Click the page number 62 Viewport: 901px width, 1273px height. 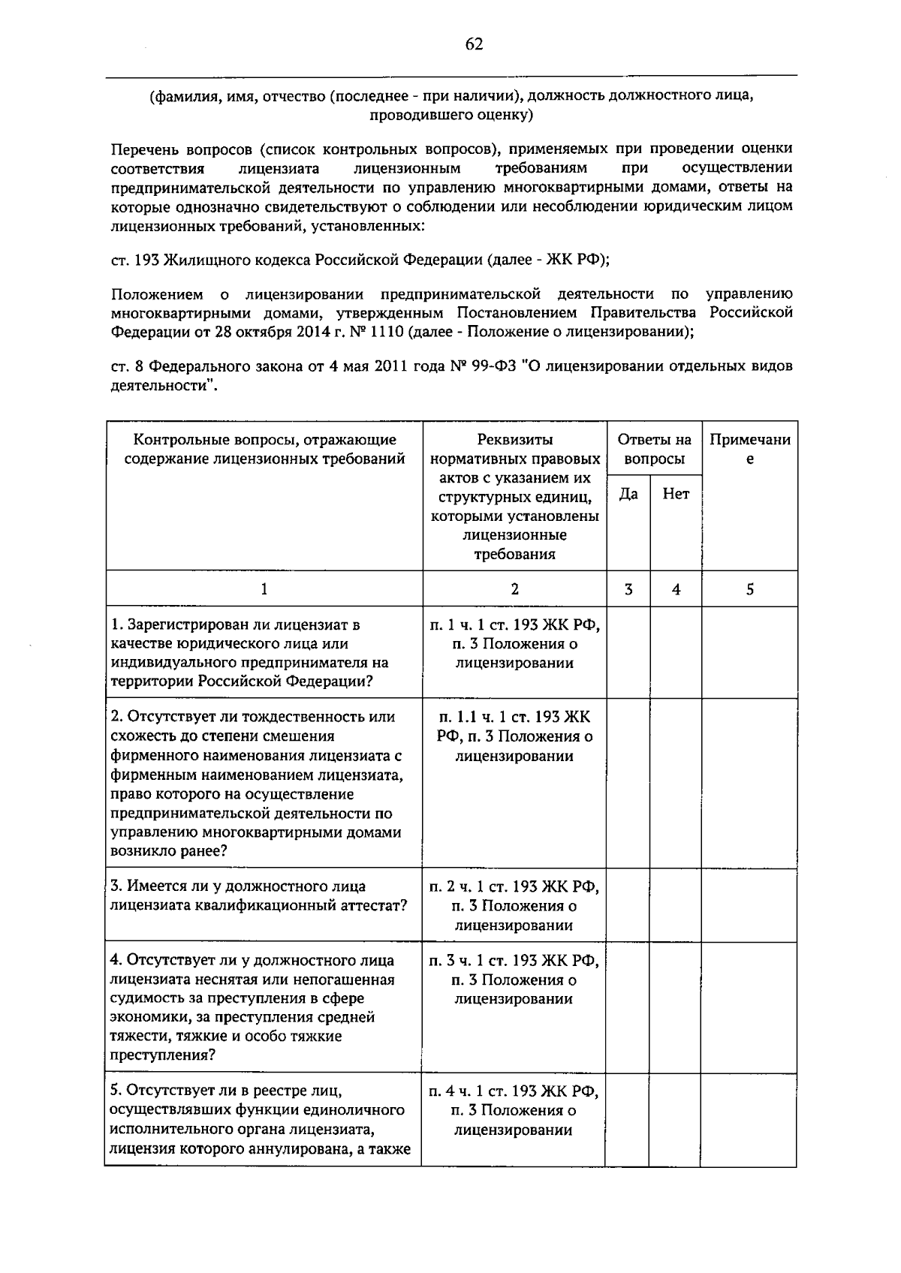point(474,44)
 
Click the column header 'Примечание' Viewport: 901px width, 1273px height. point(749,449)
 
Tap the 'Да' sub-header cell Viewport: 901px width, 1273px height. point(628,494)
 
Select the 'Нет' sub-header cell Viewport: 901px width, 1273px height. point(676,494)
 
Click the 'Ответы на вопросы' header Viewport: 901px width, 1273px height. point(654,449)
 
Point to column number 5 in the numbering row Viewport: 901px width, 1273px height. point(749,590)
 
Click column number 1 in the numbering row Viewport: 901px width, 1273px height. point(264,590)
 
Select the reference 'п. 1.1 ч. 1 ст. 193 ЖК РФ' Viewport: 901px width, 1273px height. point(514,727)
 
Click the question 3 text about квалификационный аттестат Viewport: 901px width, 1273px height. point(259,896)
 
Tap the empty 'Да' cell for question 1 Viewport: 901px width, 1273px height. point(628,652)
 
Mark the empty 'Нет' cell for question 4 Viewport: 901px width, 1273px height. point(676,1007)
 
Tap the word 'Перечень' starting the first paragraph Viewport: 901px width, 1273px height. point(142,149)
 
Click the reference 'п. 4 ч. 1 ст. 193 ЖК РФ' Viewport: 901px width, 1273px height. point(514,1091)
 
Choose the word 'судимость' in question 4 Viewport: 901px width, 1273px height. point(144,999)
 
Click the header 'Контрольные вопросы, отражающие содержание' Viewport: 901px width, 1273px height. point(264,449)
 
